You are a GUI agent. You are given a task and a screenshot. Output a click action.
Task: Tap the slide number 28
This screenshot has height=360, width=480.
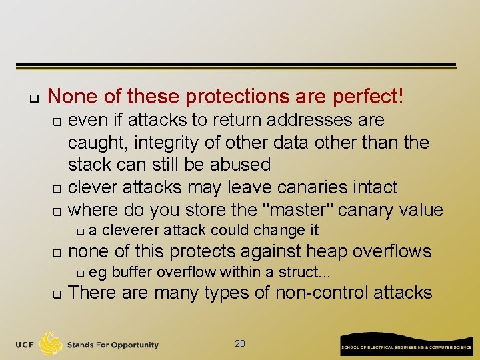click(x=240, y=343)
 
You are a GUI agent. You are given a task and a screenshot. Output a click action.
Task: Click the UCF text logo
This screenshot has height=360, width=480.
click(x=24, y=345)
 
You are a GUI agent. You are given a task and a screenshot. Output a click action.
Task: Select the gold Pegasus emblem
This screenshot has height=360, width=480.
click(x=51, y=343)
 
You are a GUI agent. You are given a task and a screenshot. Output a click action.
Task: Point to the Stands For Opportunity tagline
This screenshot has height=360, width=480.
click(x=113, y=345)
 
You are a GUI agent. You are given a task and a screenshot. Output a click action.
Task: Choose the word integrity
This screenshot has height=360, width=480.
click(x=161, y=142)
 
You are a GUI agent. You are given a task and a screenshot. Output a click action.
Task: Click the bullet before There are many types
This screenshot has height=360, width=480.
click(x=57, y=294)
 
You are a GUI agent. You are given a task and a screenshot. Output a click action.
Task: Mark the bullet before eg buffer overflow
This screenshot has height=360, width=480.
click(x=79, y=273)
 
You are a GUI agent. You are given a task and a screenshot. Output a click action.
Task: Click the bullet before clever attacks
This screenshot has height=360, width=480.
click(x=57, y=189)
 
